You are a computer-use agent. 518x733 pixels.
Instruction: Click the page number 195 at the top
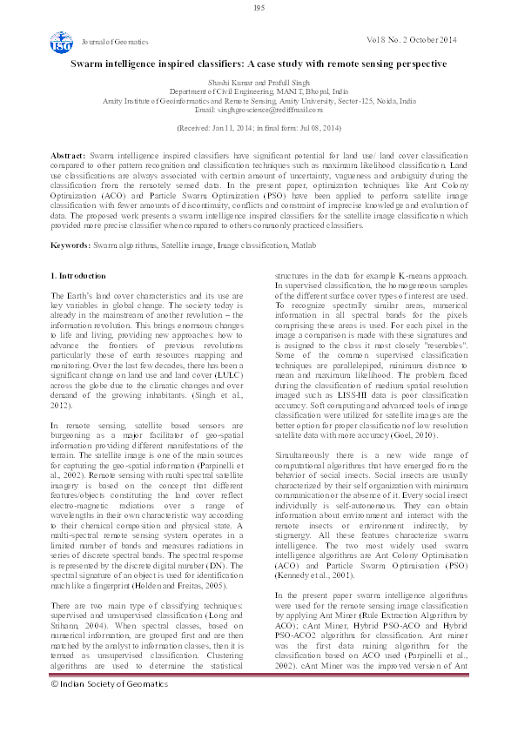pos(259,8)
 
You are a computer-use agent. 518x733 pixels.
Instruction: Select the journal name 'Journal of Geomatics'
pos(114,42)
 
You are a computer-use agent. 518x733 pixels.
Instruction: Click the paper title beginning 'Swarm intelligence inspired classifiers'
pos(259,64)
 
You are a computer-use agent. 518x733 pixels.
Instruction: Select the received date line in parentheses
pos(259,127)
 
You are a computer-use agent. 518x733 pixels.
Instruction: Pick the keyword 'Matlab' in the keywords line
pos(299,246)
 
